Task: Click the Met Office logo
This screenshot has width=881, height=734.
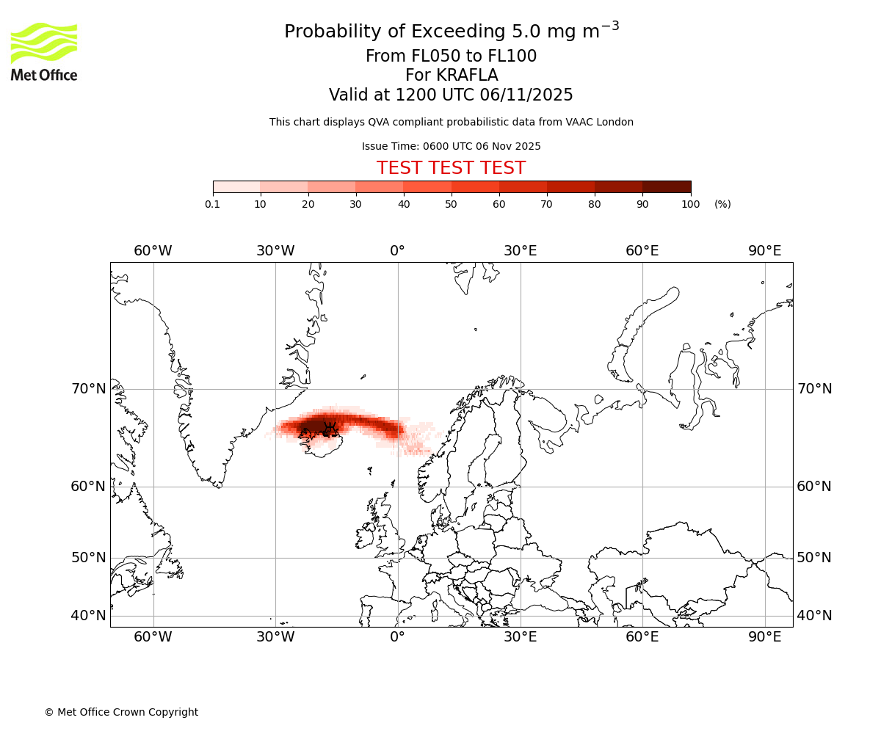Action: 44,51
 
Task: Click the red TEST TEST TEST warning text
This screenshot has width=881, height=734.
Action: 451,169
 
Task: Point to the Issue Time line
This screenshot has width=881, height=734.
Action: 451,147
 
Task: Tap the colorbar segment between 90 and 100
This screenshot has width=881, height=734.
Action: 667,187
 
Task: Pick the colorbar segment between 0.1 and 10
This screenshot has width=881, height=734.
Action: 236,187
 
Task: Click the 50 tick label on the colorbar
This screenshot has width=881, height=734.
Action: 451,205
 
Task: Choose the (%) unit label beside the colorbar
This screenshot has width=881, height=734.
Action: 722,205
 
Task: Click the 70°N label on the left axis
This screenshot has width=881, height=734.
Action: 87,389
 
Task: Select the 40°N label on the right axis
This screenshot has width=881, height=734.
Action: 814,616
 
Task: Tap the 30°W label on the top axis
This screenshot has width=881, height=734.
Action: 275,251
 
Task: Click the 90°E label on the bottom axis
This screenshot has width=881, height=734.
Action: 765,637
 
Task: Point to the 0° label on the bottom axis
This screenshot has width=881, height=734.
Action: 397,637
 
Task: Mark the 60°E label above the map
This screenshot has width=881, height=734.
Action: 642,251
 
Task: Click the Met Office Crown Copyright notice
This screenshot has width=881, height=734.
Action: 121,713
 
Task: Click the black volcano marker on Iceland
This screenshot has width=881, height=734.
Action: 330,429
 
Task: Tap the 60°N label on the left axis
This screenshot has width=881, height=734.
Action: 87,487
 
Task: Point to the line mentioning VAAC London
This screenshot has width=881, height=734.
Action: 451,123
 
